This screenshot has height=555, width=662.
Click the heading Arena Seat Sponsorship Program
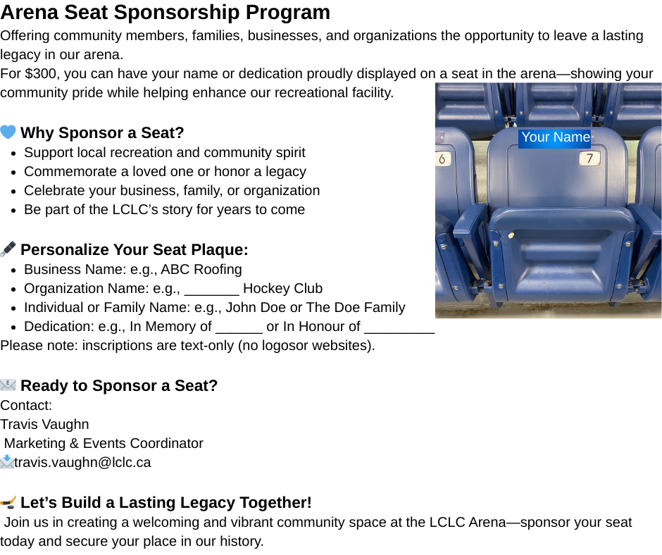point(165,13)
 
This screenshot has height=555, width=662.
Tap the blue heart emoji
point(8,132)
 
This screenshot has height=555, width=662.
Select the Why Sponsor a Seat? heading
point(102,133)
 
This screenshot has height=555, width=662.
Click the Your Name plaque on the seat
point(555,137)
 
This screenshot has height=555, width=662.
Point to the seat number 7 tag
point(589,158)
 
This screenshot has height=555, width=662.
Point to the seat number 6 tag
point(442,158)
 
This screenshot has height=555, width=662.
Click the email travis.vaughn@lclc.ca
point(82,463)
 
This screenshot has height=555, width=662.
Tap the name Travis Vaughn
point(44,425)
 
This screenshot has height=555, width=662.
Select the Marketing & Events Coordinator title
point(104,444)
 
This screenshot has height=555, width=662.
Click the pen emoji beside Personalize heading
point(8,249)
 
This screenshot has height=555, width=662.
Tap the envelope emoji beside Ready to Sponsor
point(8,385)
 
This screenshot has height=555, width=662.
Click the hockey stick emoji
point(8,502)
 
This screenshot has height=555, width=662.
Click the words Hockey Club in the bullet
point(282,289)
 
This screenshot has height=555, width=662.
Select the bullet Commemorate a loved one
point(165,172)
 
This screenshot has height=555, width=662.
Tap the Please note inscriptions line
point(187,346)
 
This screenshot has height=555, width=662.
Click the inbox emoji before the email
point(6,463)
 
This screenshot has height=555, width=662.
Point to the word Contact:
point(26,406)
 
